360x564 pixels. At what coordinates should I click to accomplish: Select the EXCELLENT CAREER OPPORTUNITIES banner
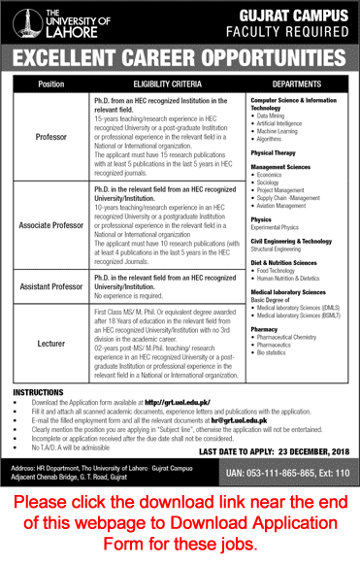pyautogui.click(x=180, y=54)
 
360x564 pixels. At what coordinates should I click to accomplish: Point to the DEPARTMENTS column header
pyautogui.click(x=295, y=84)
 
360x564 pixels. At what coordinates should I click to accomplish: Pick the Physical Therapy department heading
pyautogui.click(x=276, y=152)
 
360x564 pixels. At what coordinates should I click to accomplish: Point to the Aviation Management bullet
pyautogui.click(x=288, y=207)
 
